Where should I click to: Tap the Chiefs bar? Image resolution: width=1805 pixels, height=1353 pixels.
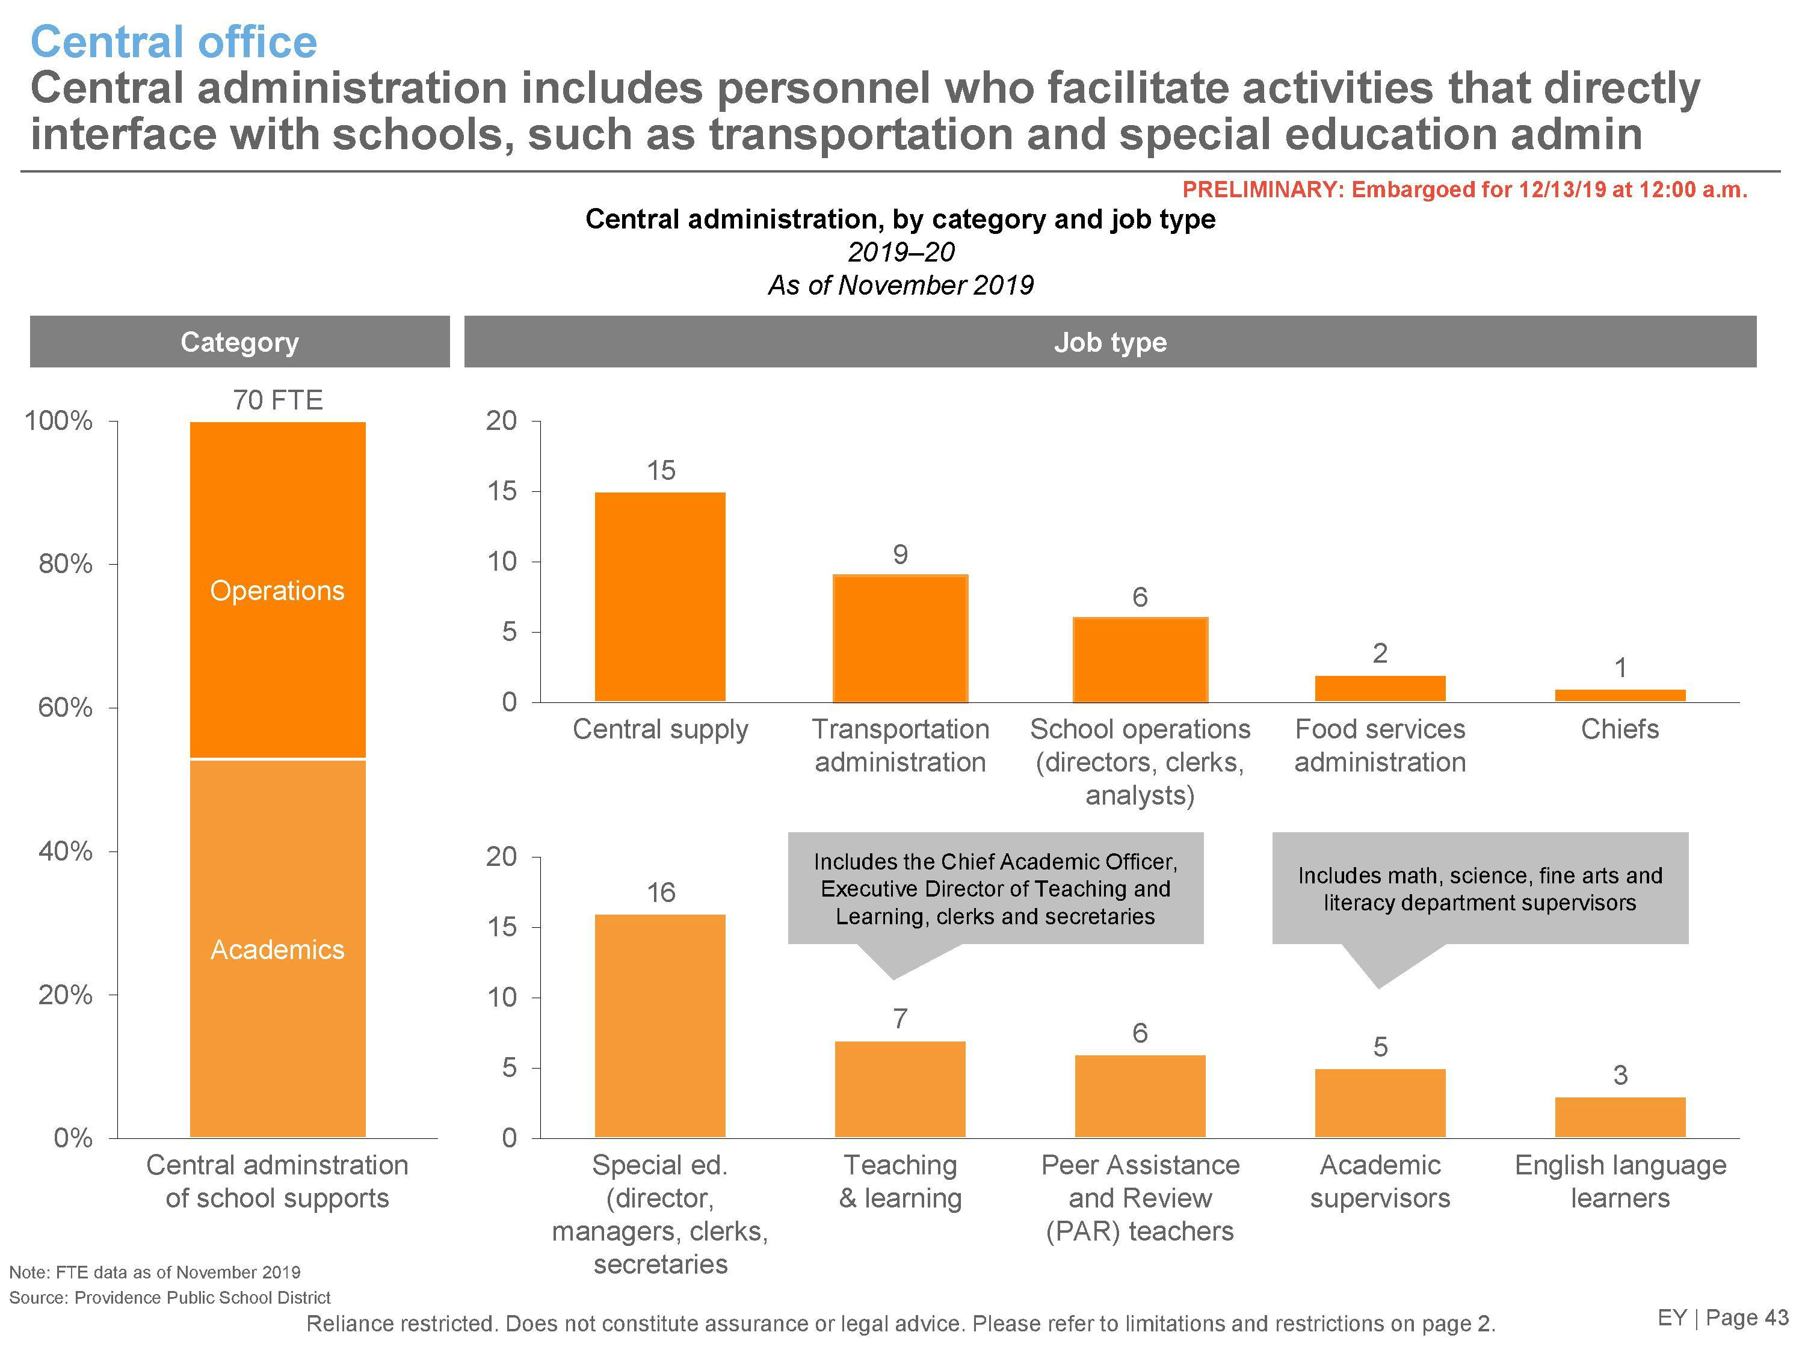click(1620, 695)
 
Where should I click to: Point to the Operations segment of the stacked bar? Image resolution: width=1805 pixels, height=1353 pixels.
click(277, 590)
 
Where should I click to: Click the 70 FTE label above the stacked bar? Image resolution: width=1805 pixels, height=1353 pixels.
click(277, 400)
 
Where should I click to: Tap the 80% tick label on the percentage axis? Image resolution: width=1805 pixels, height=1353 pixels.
click(65, 563)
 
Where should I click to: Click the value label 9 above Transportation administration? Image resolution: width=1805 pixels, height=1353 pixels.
click(900, 554)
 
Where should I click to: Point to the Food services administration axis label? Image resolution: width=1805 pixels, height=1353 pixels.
click(1380, 744)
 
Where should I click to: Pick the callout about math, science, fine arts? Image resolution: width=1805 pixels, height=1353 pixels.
click(1479, 888)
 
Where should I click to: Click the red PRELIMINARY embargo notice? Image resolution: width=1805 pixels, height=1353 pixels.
click(1464, 189)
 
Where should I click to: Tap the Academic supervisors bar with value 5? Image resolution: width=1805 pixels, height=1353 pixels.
click(1380, 1103)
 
